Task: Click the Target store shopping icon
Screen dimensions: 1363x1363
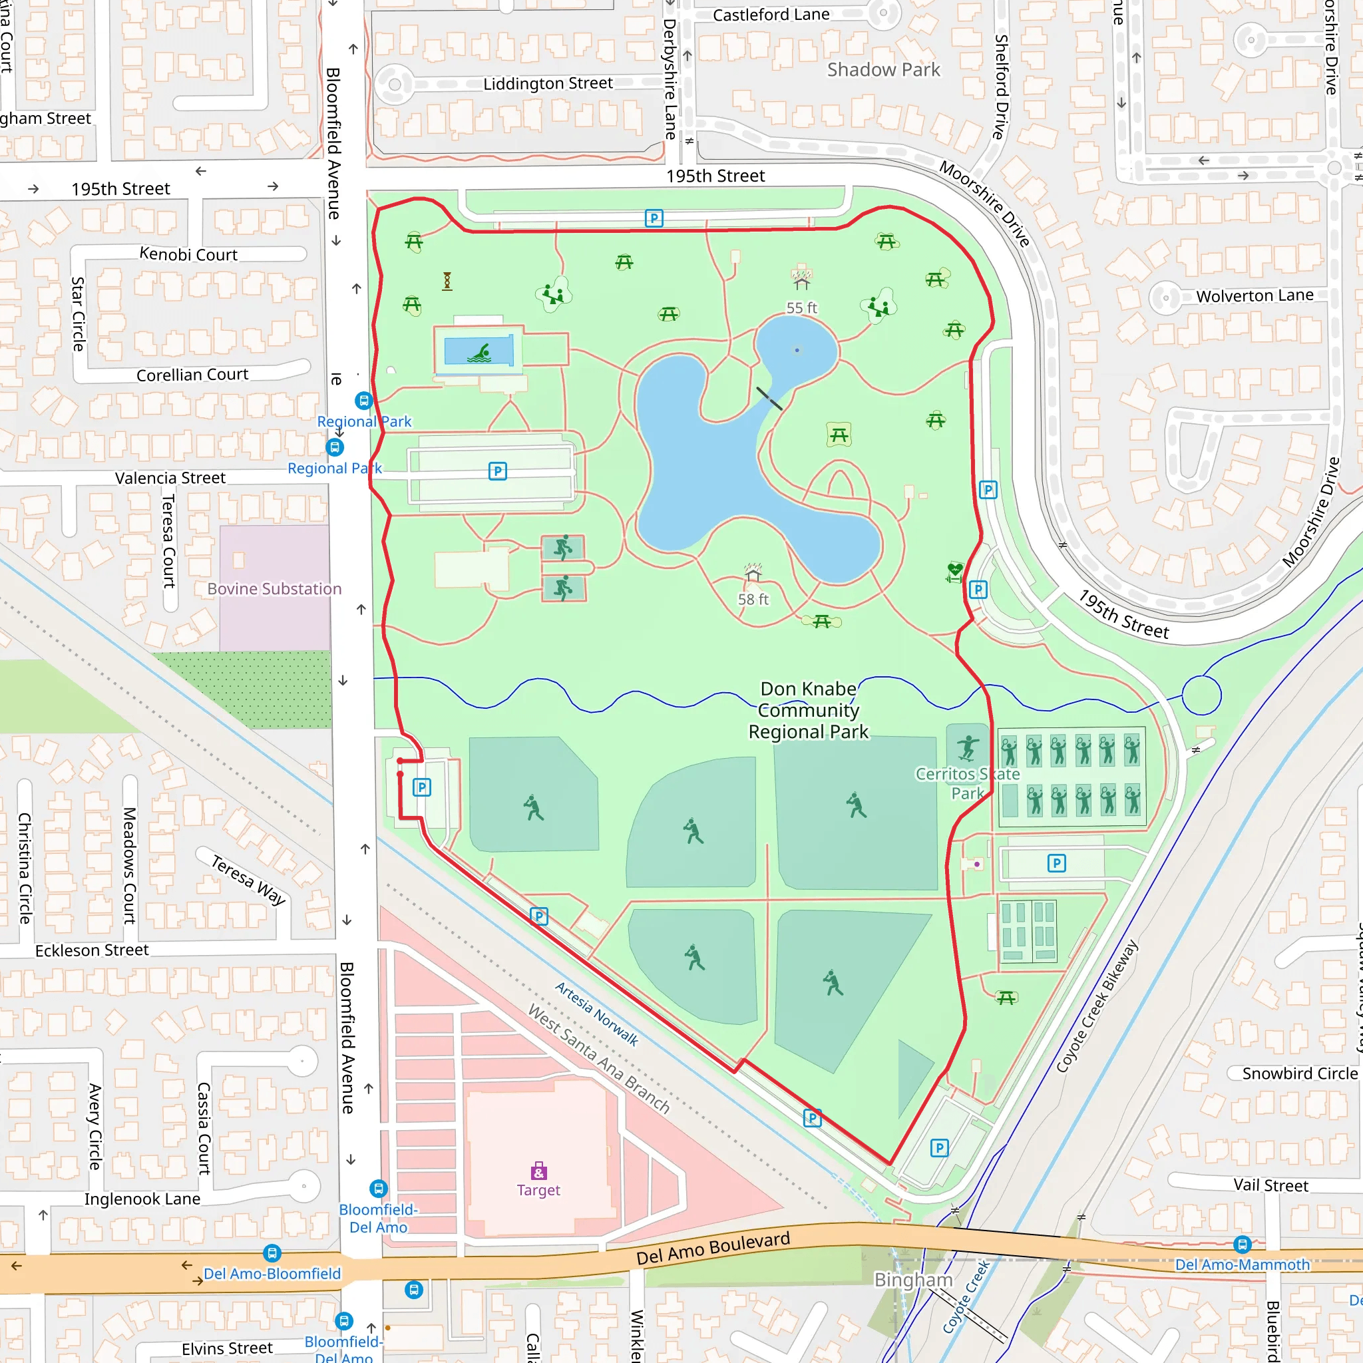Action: (538, 1171)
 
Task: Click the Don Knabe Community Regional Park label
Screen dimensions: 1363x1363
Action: (809, 710)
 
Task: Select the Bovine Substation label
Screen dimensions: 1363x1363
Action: (274, 588)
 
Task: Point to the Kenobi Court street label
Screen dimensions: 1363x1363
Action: (188, 255)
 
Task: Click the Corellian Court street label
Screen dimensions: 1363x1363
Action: (192, 375)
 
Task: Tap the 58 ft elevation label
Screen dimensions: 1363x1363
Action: (753, 599)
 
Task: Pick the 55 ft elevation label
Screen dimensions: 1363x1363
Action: (801, 307)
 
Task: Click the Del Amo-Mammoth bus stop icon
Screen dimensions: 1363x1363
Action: (1243, 1245)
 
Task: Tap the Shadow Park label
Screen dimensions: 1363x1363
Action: (883, 70)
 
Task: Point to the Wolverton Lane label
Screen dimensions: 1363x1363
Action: (1255, 295)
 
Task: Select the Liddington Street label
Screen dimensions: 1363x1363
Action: (548, 83)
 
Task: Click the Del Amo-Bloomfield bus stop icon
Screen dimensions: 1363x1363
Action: (272, 1254)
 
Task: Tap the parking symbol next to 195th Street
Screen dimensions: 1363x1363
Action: (654, 218)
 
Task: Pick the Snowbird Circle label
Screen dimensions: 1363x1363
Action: (1300, 1073)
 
